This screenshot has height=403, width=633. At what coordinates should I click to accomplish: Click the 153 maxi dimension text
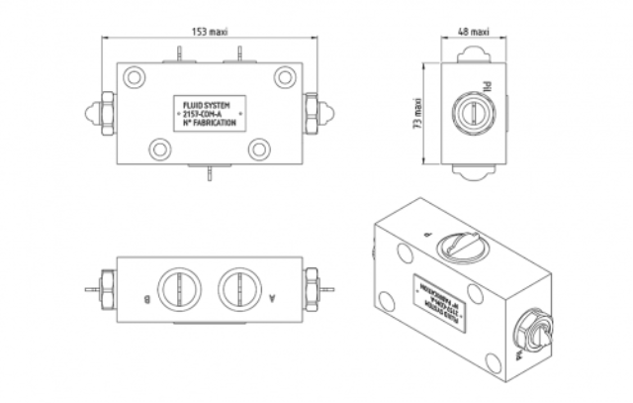click(x=211, y=31)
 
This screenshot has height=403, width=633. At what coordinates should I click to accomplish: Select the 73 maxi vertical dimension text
click(x=418, y=113)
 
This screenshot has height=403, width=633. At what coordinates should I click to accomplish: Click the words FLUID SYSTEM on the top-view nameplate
click(x=209, y=102)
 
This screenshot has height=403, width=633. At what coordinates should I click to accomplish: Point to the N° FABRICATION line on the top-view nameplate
click(x=209, y=124)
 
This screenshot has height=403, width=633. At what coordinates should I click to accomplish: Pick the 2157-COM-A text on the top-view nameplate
click(x=209, y=113)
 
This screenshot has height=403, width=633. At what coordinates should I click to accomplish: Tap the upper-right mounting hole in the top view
click(x=285, y=75)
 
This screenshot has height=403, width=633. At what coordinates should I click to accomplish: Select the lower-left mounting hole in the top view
click(x=159, y=150)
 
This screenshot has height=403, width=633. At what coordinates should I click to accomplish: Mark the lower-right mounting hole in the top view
click(x=259, y=150)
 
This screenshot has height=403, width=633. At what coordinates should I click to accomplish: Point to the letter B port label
click(x=146, y=295)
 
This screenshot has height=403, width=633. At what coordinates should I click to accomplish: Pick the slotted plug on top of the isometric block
click(x=461, y=242)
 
